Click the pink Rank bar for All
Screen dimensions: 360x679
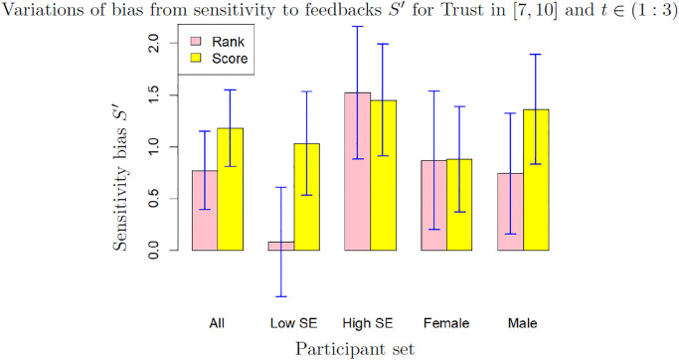point(205,211)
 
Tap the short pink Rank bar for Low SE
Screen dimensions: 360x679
point(281,246)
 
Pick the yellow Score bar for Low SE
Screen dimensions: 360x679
point(307,197)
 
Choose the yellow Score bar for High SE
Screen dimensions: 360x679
point(383,176)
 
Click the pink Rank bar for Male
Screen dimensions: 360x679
point(510,212)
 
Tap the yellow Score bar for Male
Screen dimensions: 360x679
point(536,180)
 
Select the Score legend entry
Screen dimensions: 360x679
point(230,60)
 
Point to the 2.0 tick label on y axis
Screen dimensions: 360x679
point(152,44)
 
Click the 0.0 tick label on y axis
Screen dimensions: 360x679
point(152,251)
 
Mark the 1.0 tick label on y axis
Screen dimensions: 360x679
point(152,147)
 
